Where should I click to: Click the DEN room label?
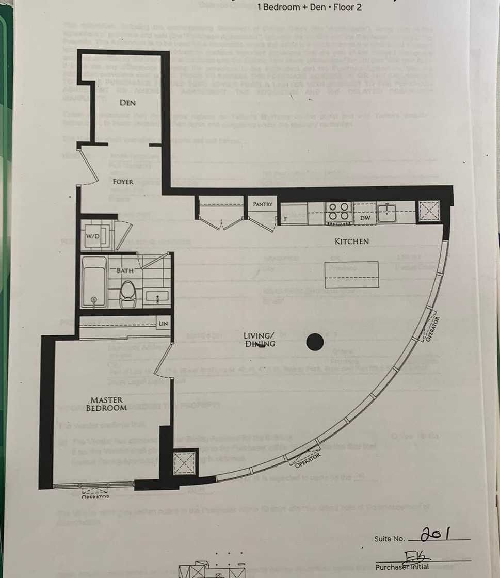click(x=127, y=103)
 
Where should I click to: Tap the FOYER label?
click(x=123, y=182)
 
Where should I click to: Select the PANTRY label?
click(x=262, y=204)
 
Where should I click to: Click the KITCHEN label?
click(x=351, y=241)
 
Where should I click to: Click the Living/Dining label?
click(x=259, y=340)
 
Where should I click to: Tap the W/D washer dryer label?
click(x=93, y=236)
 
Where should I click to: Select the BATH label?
click(x=125, y=270)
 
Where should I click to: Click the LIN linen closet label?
click(x=163, y=324)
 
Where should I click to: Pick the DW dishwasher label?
click(x=365, y=218)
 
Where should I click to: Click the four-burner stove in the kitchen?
click(x=338, y=212)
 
